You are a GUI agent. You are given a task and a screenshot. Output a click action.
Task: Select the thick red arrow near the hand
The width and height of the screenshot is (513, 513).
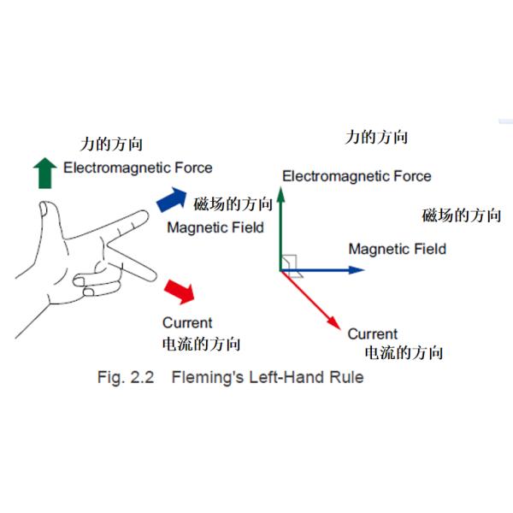[x=180, y=291]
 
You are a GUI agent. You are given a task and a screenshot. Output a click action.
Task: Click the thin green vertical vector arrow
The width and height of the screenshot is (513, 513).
[x=281, y=227]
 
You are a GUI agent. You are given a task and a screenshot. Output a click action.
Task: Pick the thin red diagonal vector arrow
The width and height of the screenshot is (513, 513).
[x=312, y=299]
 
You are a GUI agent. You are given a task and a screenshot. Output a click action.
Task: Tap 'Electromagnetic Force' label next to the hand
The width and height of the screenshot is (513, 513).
[x=138, y=168]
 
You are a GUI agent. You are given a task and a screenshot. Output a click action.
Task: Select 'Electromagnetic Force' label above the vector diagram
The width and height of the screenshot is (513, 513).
[x=357, y=176]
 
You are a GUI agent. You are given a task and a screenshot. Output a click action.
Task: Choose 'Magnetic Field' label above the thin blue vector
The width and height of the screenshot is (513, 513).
[x=398, y=249]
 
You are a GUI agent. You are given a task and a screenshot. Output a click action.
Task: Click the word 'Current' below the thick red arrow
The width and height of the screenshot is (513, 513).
[x=187, y=322]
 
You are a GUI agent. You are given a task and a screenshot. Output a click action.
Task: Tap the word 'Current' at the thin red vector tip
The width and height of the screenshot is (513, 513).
[x=372, y=333]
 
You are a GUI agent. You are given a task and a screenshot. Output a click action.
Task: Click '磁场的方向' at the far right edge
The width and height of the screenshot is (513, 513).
[x=462, y=215]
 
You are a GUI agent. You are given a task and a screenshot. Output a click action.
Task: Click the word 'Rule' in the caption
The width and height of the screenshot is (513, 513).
[x=344, y=377]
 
